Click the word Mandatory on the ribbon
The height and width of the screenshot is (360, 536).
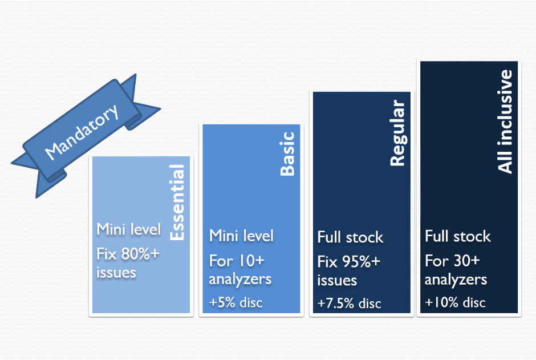[82, 132]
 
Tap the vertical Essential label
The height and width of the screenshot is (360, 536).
[177, 203]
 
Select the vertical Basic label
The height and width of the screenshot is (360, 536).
[287, 154]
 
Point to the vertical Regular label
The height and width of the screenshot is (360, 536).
[397, 133]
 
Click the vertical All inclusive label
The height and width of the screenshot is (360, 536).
[505, 122]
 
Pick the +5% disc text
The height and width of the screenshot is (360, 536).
[236, 302]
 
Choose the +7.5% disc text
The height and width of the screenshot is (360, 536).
[349, 304]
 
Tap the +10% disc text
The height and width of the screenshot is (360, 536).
[455, 302]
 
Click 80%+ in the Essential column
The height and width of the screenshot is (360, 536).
[140, 254]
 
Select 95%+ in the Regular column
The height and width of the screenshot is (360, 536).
[361, 262]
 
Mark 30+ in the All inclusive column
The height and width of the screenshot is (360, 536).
[466, 261]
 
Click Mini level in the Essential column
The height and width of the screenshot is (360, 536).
[128, 229]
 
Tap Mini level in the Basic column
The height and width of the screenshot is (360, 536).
[241, 236]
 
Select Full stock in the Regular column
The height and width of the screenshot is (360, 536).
[350, 237]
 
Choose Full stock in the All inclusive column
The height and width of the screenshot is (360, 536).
[458, 236]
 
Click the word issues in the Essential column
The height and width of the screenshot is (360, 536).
[116, 273]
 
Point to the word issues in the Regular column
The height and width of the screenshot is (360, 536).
[337, 280]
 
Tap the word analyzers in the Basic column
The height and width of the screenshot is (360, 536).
[240, 280]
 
